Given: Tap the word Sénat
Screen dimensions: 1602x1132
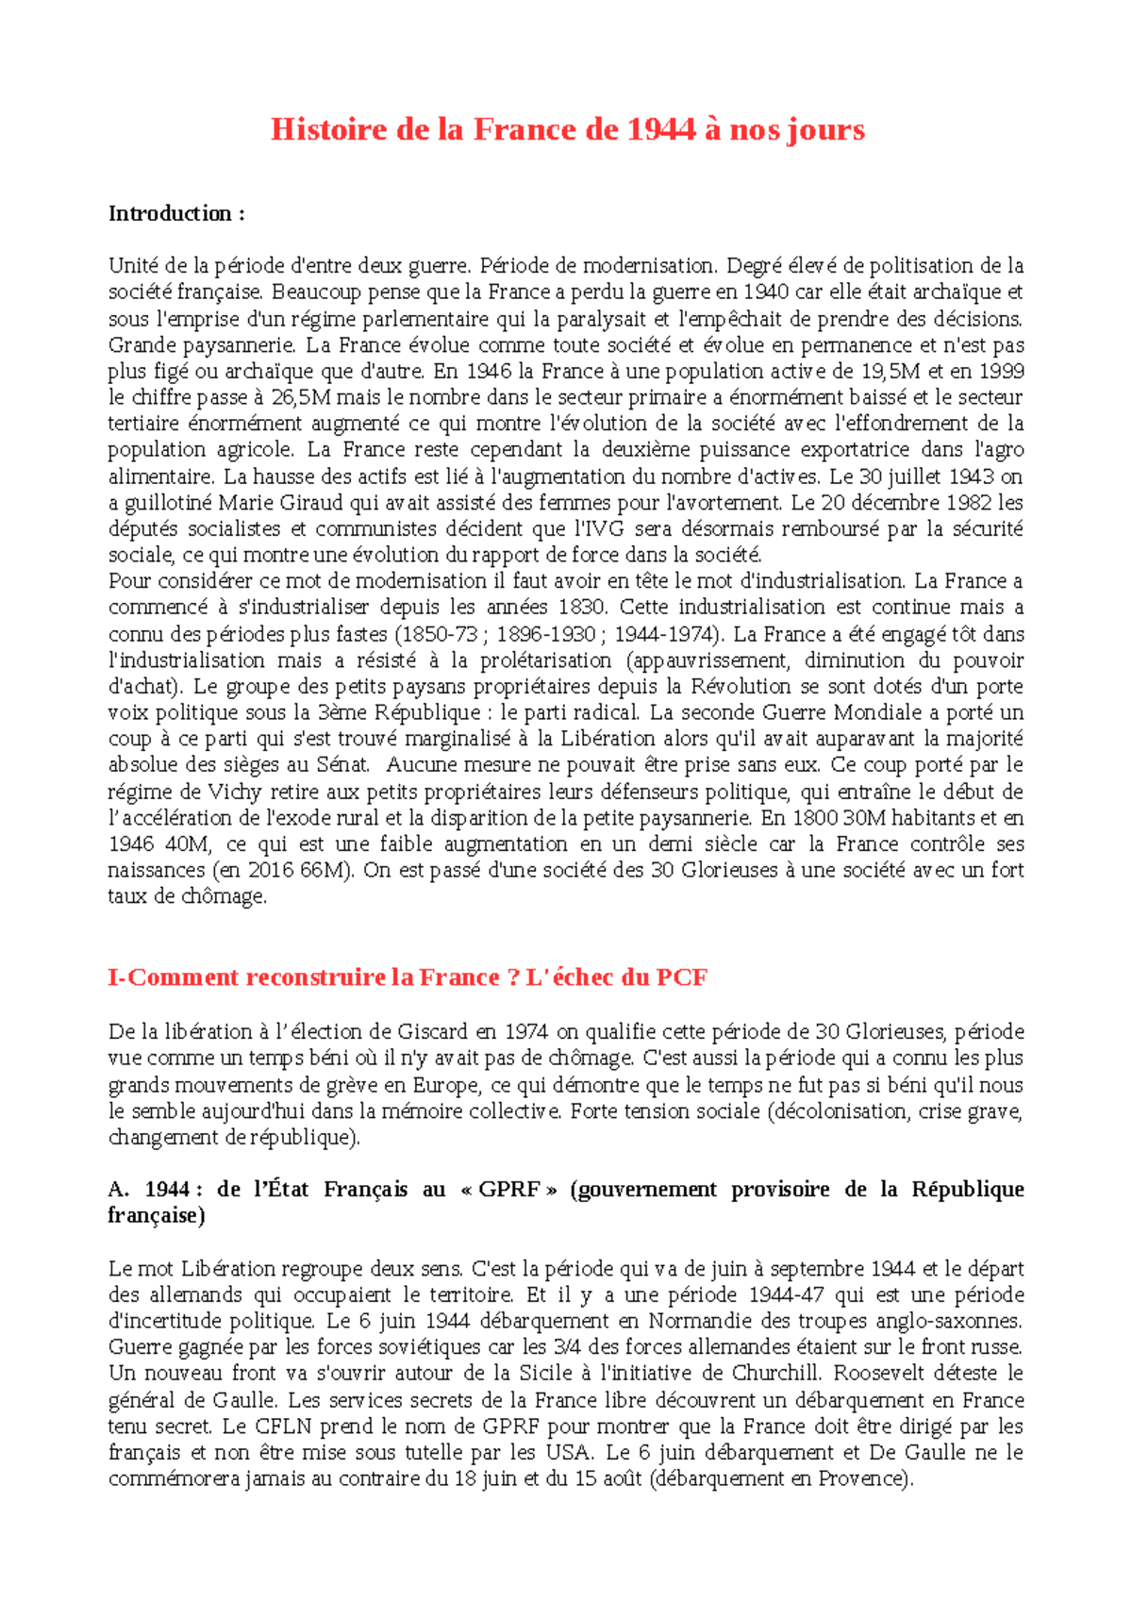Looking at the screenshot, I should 342,765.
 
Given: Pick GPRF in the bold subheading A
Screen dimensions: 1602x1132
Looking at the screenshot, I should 509,1190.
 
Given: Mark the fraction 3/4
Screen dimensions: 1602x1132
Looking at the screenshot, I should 568,1347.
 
